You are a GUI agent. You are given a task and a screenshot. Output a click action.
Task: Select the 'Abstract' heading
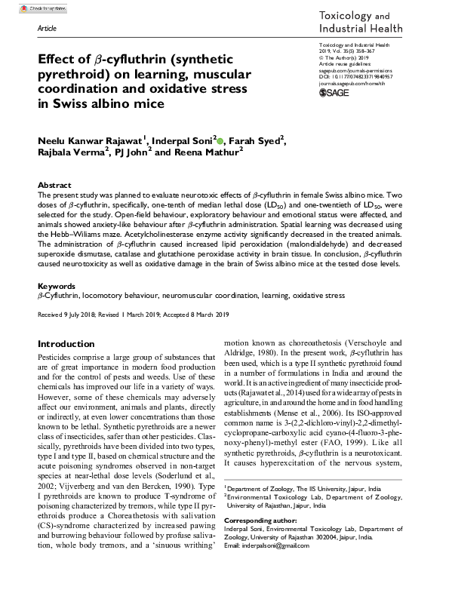pos(54,185)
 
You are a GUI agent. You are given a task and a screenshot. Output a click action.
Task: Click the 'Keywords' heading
pos(57,287)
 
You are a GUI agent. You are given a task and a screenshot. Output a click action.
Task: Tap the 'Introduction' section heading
pos(66,343)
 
